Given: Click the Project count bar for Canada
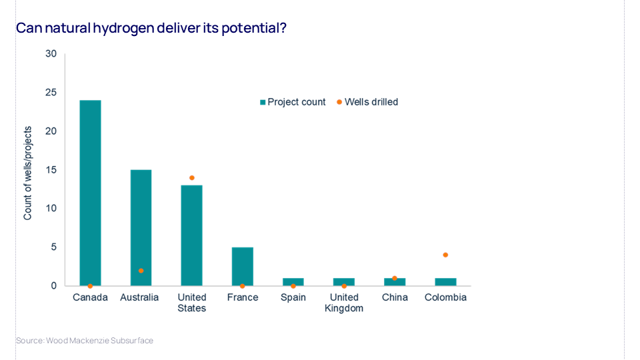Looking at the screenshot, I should pos(90,193).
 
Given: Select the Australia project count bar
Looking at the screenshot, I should pos(141,227).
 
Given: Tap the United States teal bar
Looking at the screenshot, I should pos(191,235).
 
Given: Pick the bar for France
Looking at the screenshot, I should pos(242,266).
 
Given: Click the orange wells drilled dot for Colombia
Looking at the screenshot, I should pos(445,255).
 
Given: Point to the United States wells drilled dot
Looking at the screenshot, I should pos(191,178).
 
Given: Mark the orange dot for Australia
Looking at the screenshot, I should pos(141,271).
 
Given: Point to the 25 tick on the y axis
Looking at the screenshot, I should pos(51,92).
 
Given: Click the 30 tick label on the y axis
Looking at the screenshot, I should pos(51,53).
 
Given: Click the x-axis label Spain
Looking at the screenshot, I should pos(293,297).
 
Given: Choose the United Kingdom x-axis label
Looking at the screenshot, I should pos(344,303).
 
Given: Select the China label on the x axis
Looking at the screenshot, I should pos(395,297).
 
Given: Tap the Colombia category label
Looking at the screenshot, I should pos(445,297).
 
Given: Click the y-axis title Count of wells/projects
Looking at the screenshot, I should pos(28,173).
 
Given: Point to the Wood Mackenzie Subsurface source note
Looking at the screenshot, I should pos(85,341).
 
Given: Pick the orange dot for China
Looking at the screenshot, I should pos(395,278).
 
